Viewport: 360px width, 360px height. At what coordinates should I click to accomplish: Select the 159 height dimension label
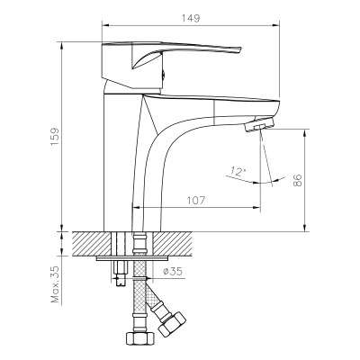[55, 135]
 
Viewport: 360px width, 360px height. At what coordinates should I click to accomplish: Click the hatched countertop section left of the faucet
[90, 242]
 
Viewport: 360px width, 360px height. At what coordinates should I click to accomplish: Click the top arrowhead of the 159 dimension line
[64, 40]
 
